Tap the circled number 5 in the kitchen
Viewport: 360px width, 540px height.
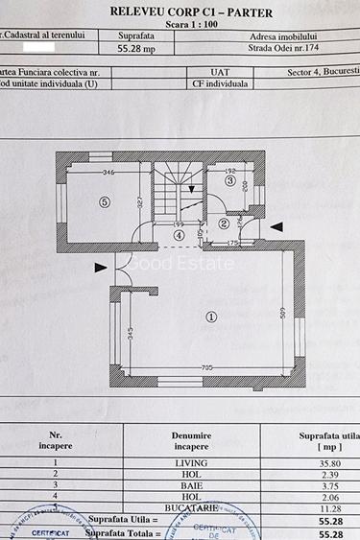(105, 201)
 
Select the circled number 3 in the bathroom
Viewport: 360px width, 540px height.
(230, 180)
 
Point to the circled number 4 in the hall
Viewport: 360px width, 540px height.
(179, 234)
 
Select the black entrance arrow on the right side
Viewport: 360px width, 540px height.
(276, 225)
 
